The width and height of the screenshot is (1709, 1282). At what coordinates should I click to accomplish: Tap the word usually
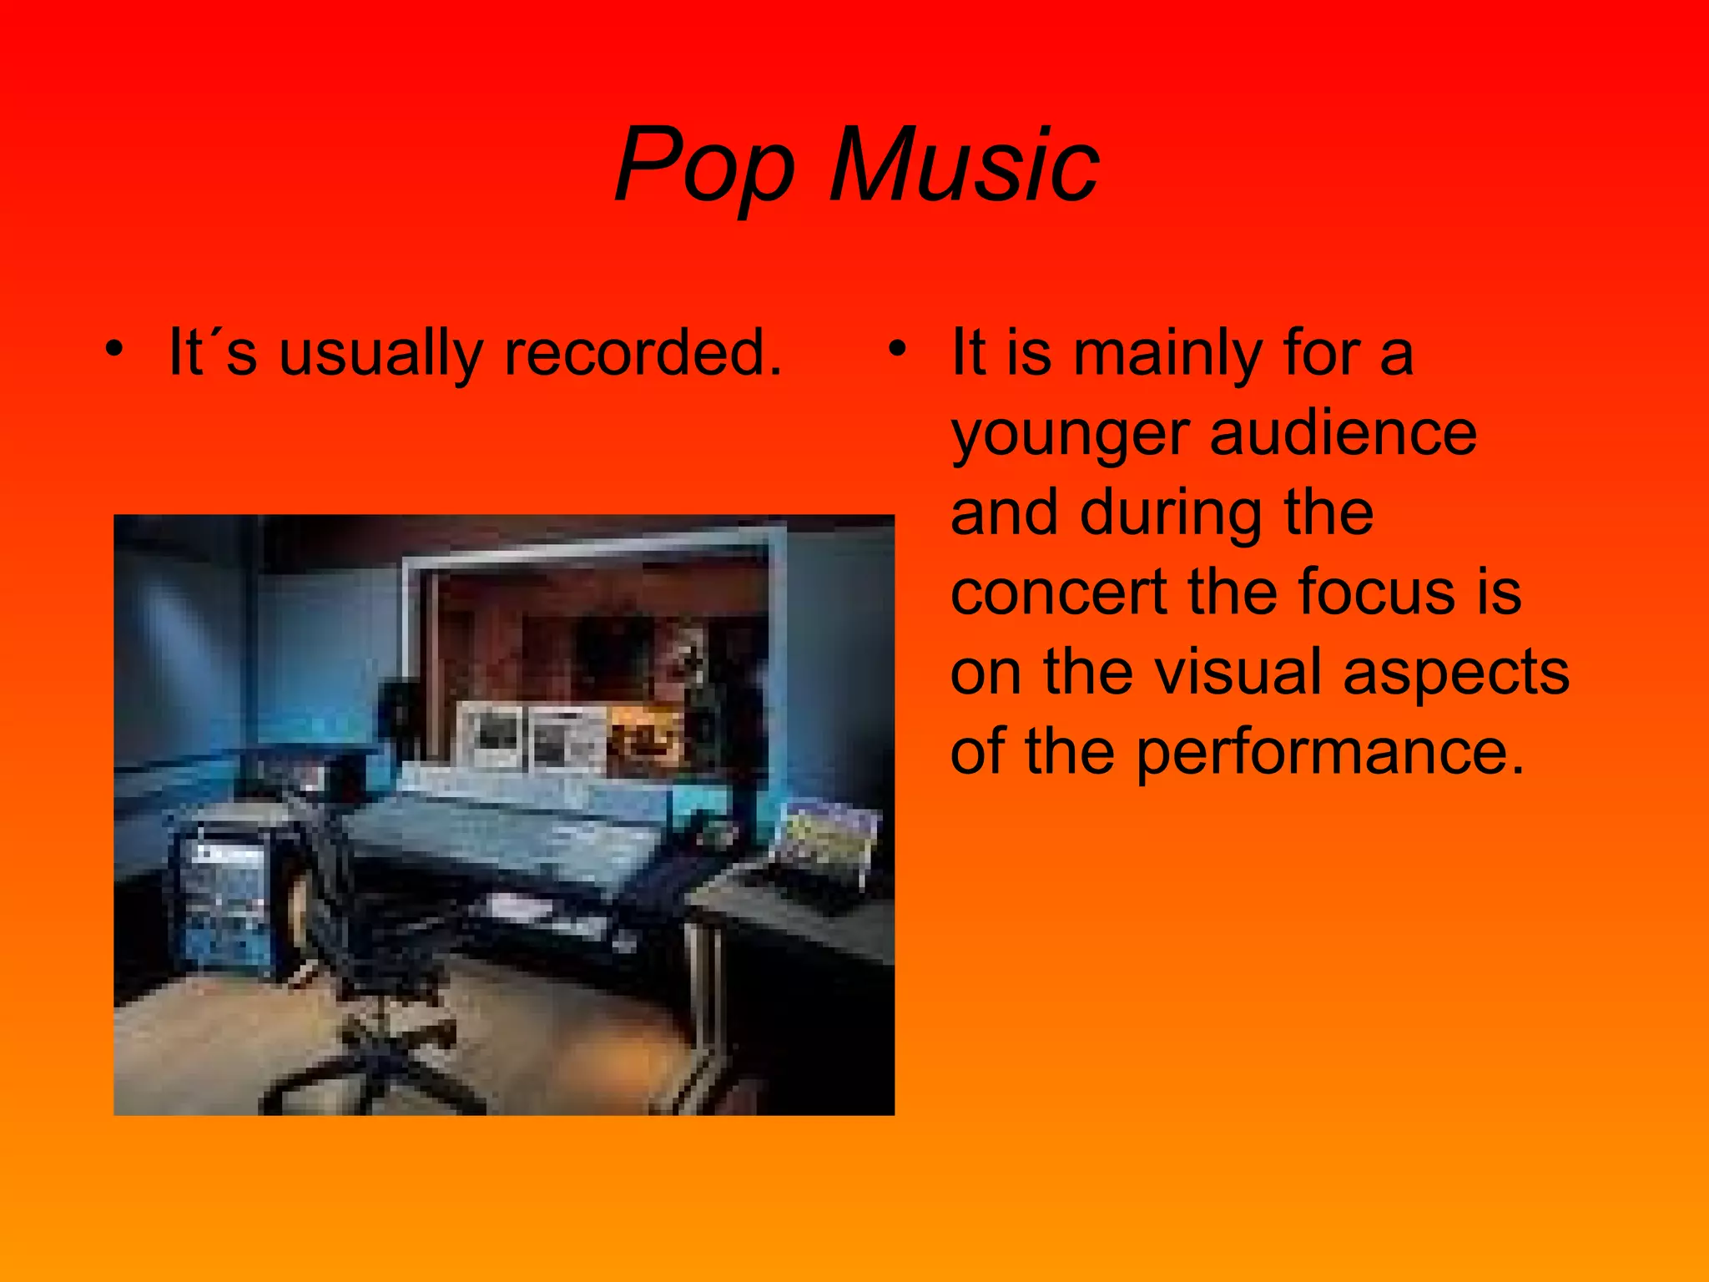pyautogui.click(x=381, y=352)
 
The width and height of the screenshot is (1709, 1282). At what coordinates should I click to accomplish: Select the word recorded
pyautogui.click(x=643, y=352)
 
